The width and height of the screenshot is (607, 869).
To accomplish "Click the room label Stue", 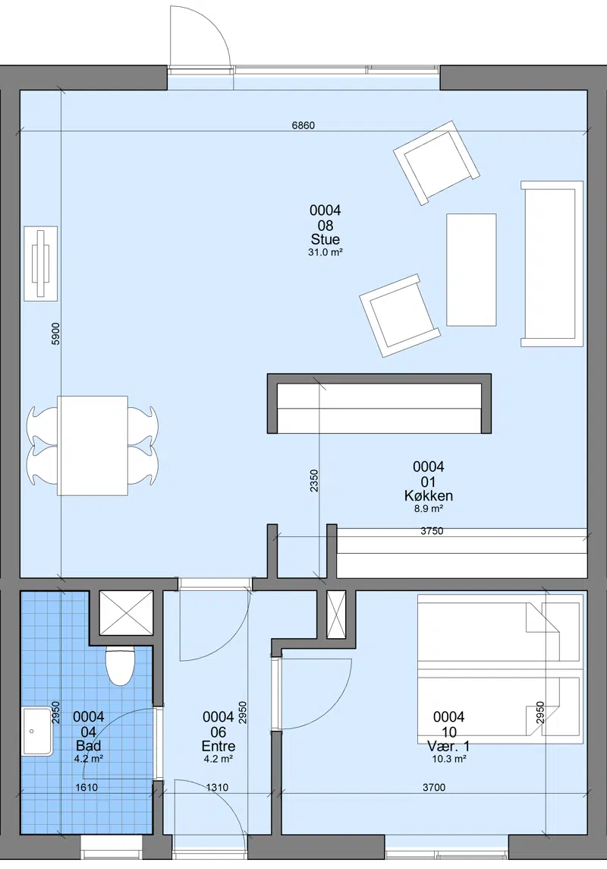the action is click(326, 239).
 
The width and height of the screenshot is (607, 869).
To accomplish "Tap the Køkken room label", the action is click(428, 495).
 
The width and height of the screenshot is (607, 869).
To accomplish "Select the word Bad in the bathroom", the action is click(89, 746).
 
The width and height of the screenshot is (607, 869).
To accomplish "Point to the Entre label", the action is click(219, 746).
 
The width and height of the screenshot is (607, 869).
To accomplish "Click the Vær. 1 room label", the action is click(448, 746).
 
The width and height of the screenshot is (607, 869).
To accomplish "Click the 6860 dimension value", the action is click(303, 125).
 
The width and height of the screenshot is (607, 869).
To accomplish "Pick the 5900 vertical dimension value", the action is click(55, 333).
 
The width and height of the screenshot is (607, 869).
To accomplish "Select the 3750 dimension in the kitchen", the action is click(432, 531).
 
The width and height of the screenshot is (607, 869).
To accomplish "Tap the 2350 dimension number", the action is click(313, 481).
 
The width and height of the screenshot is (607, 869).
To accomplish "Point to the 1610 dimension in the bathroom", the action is click(86, 787).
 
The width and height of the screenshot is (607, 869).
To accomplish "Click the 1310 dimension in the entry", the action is click(217, 787).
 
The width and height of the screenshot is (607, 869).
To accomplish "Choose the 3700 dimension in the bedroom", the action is click(434, 787).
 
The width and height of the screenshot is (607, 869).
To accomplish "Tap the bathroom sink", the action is click(38, 732).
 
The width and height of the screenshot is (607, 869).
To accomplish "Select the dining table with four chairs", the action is click(93, 446).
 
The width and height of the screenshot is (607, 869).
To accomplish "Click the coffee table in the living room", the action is click(471, 270).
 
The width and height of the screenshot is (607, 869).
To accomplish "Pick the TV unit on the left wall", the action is click(41, 264).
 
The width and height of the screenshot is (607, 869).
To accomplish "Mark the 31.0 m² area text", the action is click(326, 253).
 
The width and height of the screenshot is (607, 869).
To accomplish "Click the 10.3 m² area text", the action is click(448, 760).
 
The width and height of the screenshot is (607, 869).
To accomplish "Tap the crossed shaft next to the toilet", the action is click(126, 613).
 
